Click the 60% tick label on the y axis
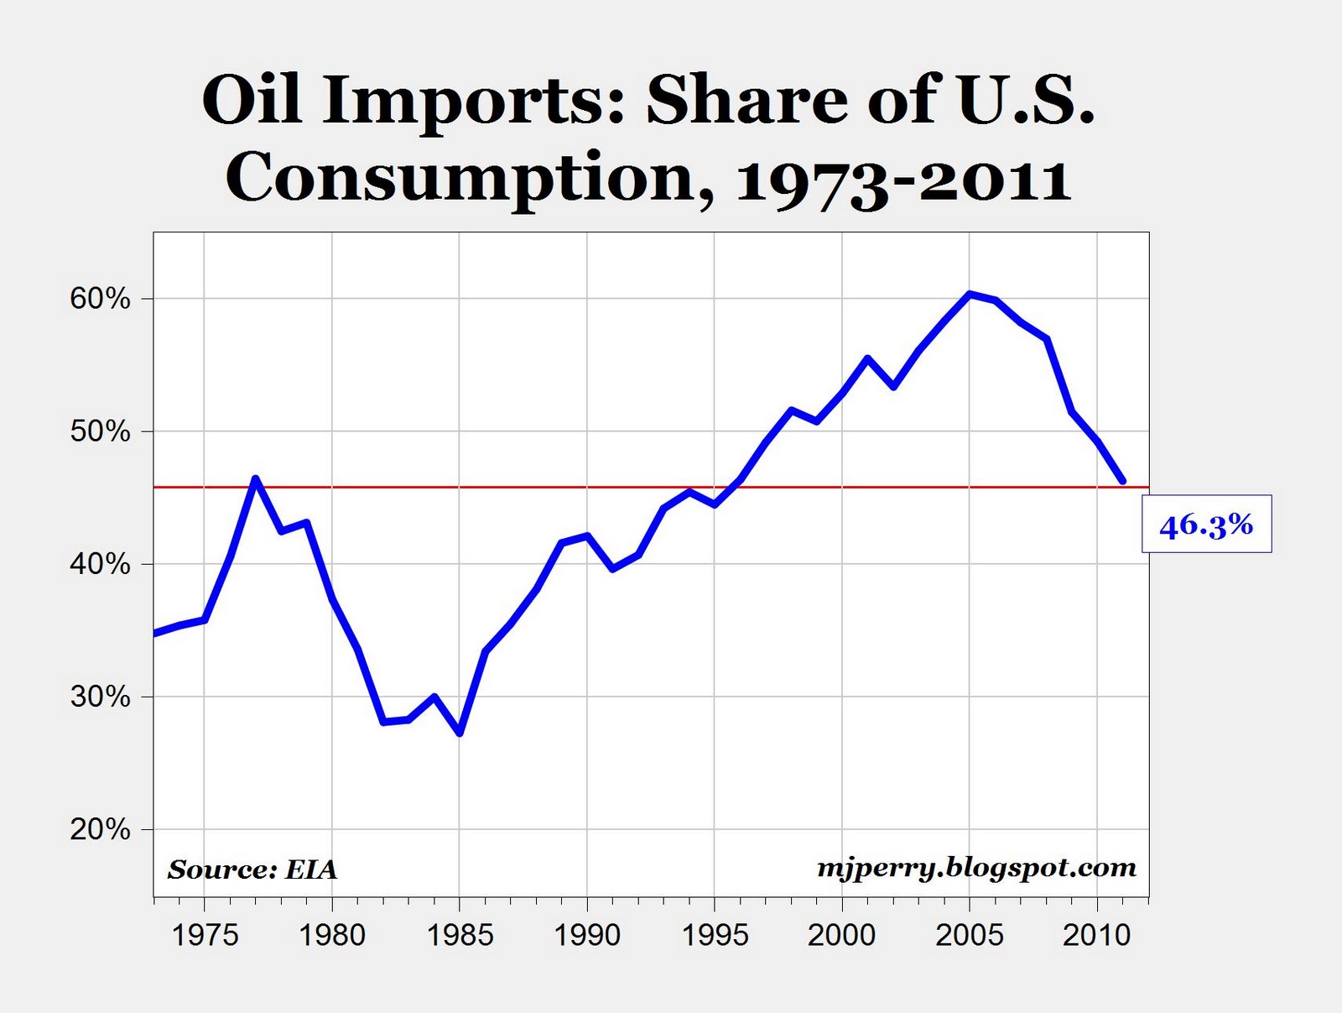click(100, 299)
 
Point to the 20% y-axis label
click(100, 829)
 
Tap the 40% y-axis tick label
click(100, 564)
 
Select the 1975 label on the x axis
click(205, 934)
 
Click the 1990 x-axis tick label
click(587, 934)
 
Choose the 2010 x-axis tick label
click(1097, 934)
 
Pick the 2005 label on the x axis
click(970, 934)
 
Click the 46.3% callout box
click(1206, 525)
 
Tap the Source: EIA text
click(252, 869)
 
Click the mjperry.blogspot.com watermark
click(977, 867)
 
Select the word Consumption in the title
click(470, 179)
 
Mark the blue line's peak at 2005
click(970, 294)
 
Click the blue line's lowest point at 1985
click(460, 733)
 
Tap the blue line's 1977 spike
click(256, 479)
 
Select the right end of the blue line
click(1122, 482)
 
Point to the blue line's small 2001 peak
click(868, 358)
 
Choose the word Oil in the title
click(251, 101)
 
